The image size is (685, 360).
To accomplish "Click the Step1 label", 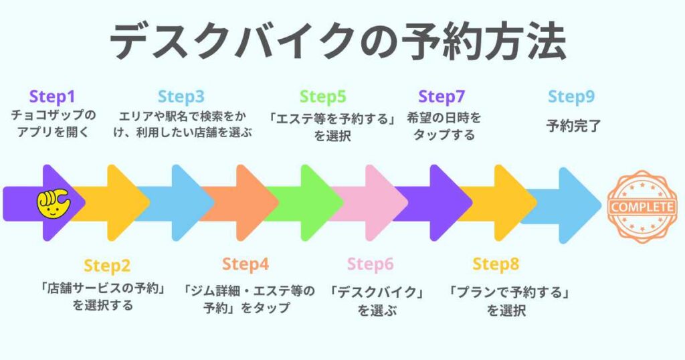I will click(x=54, y=97).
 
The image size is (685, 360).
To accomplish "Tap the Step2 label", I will click(x=107, y=266).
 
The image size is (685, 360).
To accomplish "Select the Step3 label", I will click(x=181, y=97).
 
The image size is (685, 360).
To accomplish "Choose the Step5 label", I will click(x=323, y=97).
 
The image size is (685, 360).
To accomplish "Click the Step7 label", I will click(x=442, y=97).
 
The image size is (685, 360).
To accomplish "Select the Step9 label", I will click(x=571, y=97).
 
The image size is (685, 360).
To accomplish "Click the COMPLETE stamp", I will click(x=641, y=206).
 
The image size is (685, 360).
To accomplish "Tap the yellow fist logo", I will click(x=53, y=203).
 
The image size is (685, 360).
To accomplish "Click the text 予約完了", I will click(x=571, y=125).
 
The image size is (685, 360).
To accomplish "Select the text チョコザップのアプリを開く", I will click(x=54, y=125).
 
